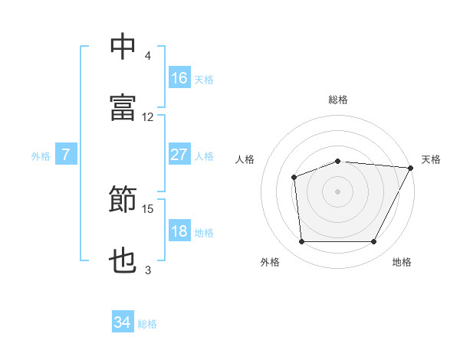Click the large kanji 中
pos(123,46)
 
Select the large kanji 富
pos(123,107)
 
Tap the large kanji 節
pos(123,198)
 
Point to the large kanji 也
pos(123,260)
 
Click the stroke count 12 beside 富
pos(147,117)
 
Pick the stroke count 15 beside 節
pos(147,209)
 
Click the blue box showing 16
pos(179,77)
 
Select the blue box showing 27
pos(179,154)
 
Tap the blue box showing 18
pos(179,230)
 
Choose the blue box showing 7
pos(66,154)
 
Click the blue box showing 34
pos(123,321)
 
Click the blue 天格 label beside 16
pos(204,80)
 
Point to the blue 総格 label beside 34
pos(147,324)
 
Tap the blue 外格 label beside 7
pos(41,156)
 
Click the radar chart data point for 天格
pos(411,168)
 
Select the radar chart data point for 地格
pos(373,241)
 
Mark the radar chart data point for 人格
pos(294,178)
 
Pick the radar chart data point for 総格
pos(338,162)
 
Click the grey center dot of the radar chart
pos(337,191)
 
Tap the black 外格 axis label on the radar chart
pos(270,262)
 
